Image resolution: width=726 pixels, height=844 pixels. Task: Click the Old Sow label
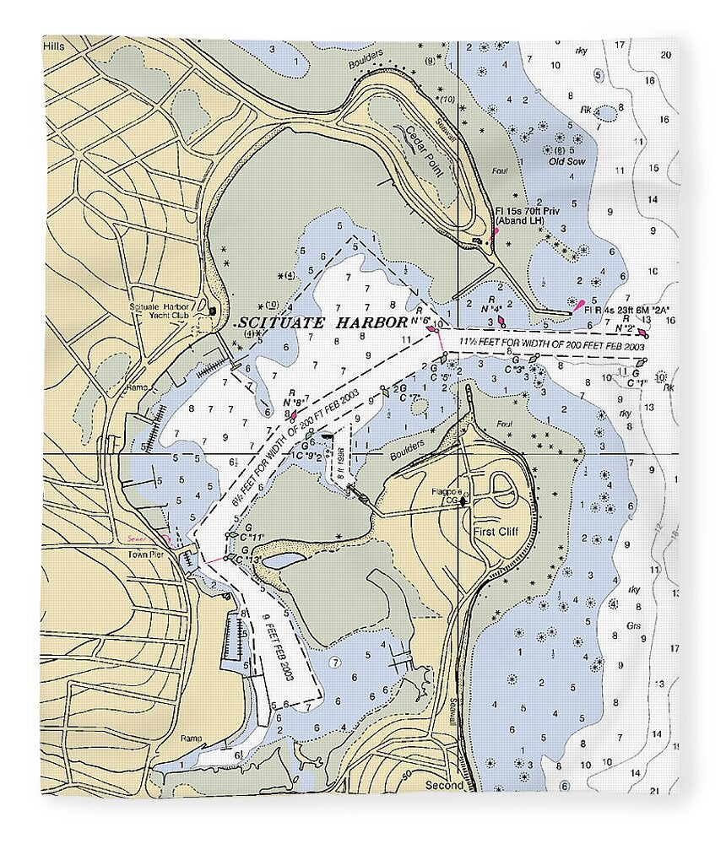coord(566,160)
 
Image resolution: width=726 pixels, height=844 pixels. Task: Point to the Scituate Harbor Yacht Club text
coord(160,311)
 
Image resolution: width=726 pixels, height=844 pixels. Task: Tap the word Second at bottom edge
coord(444,785)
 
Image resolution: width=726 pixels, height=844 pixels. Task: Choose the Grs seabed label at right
coord(634,627)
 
